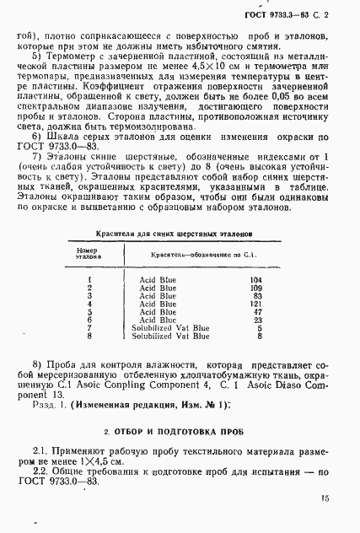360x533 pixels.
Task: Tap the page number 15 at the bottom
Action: [x=325, y=499]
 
